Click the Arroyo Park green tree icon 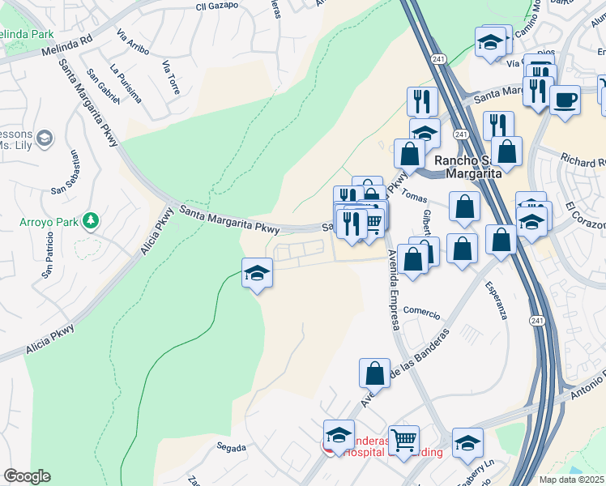92,220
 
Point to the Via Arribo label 133,42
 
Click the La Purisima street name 126,85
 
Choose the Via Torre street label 170,78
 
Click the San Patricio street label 49,256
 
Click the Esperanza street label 496,301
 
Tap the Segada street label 231,446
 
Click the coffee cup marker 565,100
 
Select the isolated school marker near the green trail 257,274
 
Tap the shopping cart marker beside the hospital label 403,441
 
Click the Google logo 27,475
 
